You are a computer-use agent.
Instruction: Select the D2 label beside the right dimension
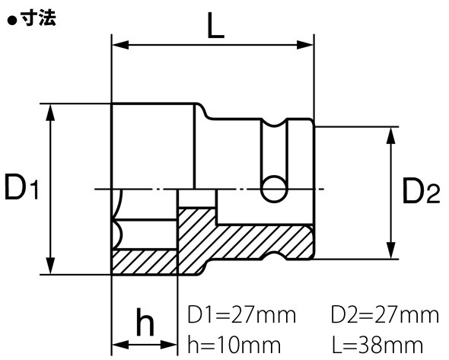point(421,190)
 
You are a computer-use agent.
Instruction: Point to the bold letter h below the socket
point(145,322)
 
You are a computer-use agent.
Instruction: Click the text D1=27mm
point(241,315)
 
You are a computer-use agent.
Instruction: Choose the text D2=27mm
point(385,315)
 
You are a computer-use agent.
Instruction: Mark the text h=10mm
point(234,345)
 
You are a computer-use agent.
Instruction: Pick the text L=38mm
point(377,345)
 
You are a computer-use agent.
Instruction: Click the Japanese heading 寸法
point(39,19)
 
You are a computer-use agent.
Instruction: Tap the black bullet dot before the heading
point(12,21)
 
